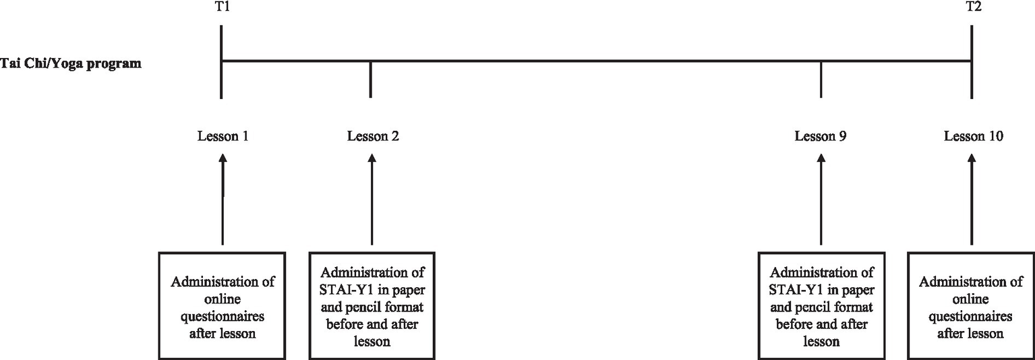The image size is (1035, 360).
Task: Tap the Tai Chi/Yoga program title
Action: (x=71, y=65)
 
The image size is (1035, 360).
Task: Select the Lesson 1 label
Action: (x=223, y=136)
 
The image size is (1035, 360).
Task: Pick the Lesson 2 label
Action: (x=373, y=136)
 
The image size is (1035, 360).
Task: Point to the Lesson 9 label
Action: (x=821, y=136)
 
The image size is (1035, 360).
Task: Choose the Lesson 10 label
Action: (x=973, y=136)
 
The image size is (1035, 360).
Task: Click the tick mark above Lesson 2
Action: (x=370, y=80)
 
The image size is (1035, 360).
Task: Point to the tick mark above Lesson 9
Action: (x=821, y=80)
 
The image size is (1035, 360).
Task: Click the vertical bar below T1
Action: (x=221, y=61)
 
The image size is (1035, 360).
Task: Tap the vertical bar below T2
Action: (x=971, y=61)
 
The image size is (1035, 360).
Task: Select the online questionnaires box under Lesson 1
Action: (x=223, y=305)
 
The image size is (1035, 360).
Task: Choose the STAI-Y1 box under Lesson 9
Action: (x=821, y=305)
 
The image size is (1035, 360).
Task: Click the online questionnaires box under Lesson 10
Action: (x=972, y=305)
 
